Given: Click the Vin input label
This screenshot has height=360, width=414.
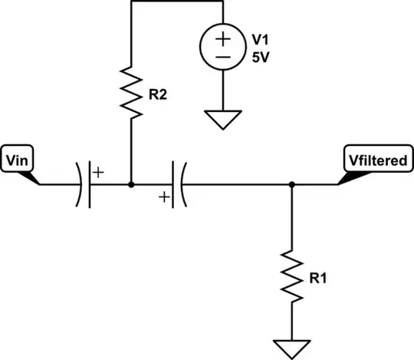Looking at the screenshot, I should [17, 160].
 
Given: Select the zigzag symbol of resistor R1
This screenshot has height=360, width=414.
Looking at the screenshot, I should [292, 273].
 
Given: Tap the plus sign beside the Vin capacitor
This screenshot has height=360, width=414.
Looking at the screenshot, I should [98, 172].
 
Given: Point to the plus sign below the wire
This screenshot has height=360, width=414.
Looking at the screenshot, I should [163, 198].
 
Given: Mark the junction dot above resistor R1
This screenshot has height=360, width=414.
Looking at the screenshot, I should [292, 184].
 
